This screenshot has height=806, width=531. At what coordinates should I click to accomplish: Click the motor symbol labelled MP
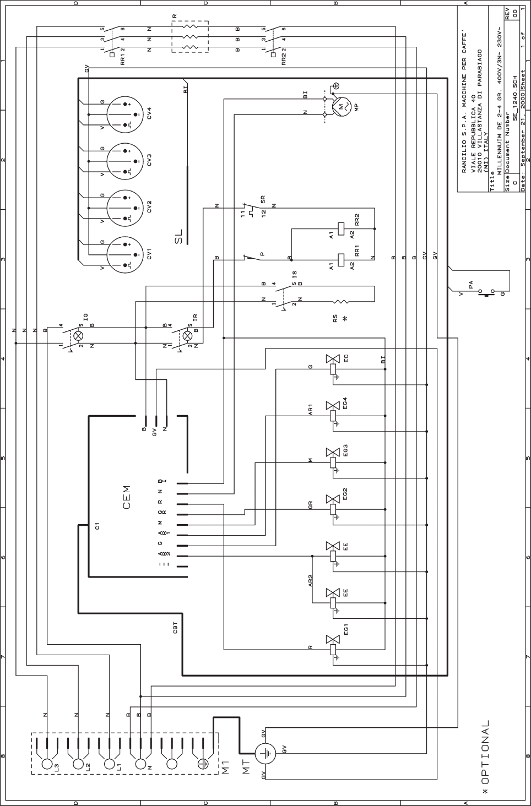coord(340,105)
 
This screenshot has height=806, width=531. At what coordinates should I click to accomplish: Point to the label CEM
coord(127,497)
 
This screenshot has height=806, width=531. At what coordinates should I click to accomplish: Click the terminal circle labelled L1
coord(109,765)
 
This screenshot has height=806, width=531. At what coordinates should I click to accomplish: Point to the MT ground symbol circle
coord(265,753)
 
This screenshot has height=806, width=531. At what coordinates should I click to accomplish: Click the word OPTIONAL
coord(485,754)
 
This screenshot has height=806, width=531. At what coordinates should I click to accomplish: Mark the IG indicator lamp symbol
coord(79,336)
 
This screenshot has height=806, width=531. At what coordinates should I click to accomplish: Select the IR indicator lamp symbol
coord(188,336)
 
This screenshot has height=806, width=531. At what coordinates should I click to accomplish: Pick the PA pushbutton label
coord(470,285)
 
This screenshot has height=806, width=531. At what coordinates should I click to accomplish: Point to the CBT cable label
coord(175,628)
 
